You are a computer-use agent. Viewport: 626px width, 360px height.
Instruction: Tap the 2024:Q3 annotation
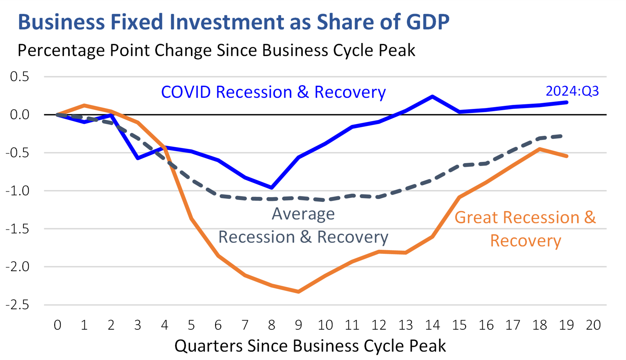click(x=572, y=91)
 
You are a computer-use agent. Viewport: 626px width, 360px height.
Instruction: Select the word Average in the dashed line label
click(x=303, y=214)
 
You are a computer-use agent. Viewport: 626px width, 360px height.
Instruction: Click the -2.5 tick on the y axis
click(x=18, y=305)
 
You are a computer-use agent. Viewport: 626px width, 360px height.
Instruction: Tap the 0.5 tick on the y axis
click(x=19, y=77)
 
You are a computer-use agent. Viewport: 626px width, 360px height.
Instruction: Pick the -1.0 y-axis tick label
click(x=18, y=191)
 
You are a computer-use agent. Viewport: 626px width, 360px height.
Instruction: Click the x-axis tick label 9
click(x=298, y=325)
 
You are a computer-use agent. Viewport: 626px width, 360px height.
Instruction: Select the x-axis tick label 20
click(x=593, y=325)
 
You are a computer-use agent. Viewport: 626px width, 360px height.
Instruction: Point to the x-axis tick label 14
click(x=432, y=325)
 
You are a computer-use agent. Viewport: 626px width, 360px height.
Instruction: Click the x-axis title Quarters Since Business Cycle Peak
click(x=310, y=346)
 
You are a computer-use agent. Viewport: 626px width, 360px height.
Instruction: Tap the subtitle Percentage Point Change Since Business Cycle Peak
click(x=216, y=50)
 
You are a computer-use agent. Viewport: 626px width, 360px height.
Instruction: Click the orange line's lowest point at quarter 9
click(x=298, y=292)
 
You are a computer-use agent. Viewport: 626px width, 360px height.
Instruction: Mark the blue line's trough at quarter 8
click(x=271, y=188)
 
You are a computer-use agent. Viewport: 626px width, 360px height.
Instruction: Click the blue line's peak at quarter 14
click(x=432, y=97)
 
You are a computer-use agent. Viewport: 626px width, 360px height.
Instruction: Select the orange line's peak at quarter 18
click(x=540, y=149)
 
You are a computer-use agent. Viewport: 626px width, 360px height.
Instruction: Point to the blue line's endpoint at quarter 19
click(x=567, y=102)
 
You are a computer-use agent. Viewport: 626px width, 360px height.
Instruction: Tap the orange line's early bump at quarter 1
click(x=84, y=105)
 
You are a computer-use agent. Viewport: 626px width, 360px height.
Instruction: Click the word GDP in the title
click(x=428, y=22)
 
